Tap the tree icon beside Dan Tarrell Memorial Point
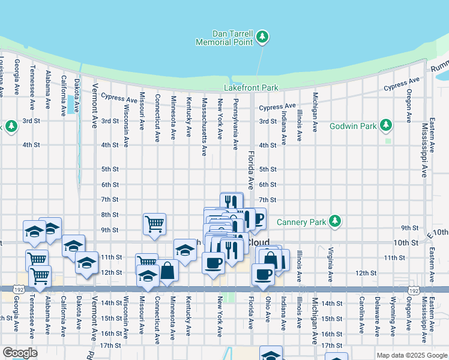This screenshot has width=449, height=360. pos(262,38)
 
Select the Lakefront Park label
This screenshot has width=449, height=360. pos(251,88)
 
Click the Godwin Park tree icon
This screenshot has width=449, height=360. pos(387,125)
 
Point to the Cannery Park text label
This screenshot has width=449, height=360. pos(301,222)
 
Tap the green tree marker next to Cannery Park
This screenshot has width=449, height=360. pos(335,221)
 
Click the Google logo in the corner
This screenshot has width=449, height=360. pos(20,353)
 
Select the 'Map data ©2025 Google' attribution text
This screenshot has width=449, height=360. pos(411,355)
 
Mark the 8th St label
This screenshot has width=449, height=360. pos(110,215)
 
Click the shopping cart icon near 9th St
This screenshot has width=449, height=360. pos(154,223)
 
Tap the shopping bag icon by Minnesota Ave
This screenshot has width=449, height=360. pos(168,271)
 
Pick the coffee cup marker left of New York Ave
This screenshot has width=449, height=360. pos(212,262)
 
